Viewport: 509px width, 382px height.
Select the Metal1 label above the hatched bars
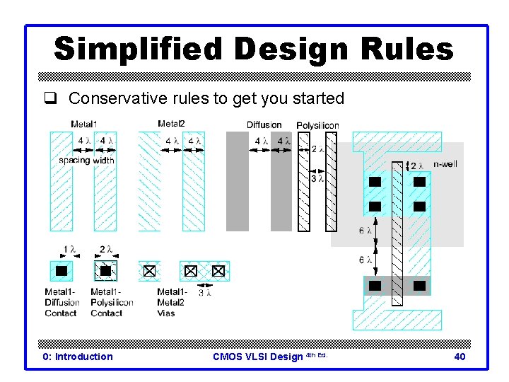84,125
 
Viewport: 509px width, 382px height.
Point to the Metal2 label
171,125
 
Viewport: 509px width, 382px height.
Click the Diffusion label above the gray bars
264,125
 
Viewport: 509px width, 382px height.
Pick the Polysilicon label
317,125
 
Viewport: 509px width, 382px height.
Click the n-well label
444,164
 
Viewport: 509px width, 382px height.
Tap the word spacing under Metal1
74,160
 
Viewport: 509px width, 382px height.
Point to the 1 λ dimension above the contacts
69,249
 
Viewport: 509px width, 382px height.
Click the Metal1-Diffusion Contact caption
62,302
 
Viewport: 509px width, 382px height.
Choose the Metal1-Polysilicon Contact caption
111,302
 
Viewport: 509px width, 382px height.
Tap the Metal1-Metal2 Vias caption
172,302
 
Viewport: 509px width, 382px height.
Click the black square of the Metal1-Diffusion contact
62,270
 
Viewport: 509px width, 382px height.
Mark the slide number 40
459,357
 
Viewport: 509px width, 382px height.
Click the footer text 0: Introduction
78,357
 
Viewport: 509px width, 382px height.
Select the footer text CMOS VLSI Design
257,357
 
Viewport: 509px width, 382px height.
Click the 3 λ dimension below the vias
205,291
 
